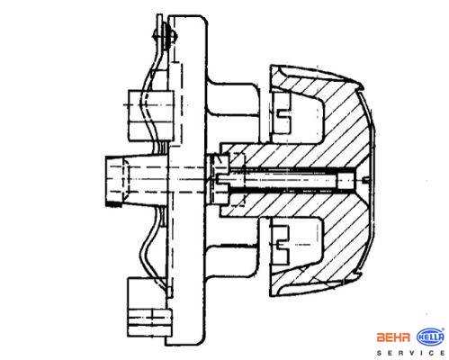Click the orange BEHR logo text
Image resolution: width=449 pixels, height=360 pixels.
click(x=393, y=337)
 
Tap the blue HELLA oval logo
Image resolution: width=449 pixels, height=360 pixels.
click(x=430, y=337)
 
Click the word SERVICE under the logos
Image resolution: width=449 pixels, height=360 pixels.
click(x=411, y=353)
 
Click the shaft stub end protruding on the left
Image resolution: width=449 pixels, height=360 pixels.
click(x=115, y=181)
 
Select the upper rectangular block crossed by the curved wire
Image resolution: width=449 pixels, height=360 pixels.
click(x=151, y=116)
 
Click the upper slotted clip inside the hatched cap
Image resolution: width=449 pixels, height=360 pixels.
click(x=282, y=112)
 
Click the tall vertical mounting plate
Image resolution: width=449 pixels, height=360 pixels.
click(x=187, y=180)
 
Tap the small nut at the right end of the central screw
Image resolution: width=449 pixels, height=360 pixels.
click(x=345, y=181)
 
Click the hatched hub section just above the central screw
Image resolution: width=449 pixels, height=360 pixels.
click(x=288, y=156)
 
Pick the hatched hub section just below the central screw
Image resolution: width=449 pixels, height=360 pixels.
click(x=288, y=205)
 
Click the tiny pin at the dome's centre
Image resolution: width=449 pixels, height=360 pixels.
click(x=365, y=180)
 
